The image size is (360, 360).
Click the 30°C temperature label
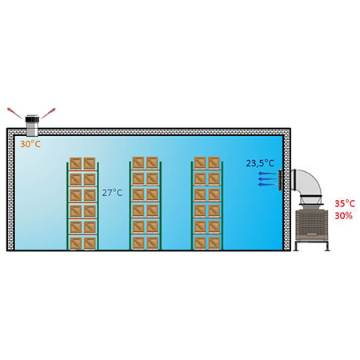30,144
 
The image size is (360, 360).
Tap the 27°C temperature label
112,193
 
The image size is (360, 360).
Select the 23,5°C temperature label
260,163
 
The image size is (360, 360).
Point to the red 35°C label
345,204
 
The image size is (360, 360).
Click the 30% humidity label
343,216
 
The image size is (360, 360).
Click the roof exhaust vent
32,126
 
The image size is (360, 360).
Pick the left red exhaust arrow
14,113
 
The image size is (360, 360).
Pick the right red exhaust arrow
48,114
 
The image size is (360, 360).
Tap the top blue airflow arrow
267,174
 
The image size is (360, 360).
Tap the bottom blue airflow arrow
267,184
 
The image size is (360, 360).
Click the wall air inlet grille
280,180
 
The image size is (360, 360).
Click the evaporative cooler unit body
312,223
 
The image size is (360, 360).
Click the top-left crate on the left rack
75,163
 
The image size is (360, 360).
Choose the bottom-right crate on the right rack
214,242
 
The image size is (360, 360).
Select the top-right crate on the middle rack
152,162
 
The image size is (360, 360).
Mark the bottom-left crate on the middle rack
138,242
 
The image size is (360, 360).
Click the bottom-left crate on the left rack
75,243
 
